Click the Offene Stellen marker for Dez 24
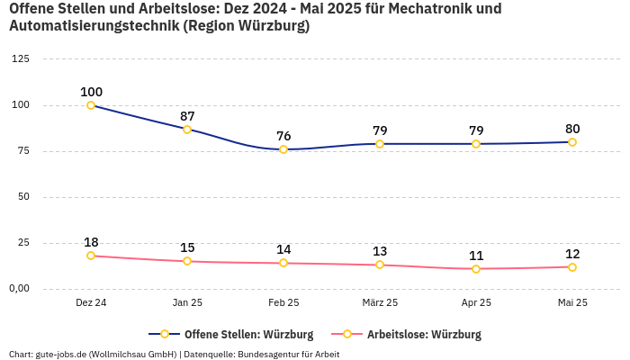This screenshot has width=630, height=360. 91,105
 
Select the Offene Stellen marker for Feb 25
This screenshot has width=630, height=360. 283,149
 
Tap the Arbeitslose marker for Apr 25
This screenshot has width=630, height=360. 476,269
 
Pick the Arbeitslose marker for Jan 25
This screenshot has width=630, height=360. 187,261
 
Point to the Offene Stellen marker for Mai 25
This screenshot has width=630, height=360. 572,142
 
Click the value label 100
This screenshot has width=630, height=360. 91,92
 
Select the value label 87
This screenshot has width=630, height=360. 187,116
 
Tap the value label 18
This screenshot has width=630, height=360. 91,242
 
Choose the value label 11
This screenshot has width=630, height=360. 476,256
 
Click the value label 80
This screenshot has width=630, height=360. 572,129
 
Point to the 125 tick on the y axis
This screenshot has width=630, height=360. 21,58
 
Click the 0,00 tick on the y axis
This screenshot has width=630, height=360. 18,289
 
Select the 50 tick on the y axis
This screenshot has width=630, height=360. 23,197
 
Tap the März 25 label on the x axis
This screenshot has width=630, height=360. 380,303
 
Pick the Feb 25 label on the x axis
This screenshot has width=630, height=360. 283,303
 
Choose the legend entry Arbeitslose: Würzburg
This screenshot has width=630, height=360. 424,335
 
